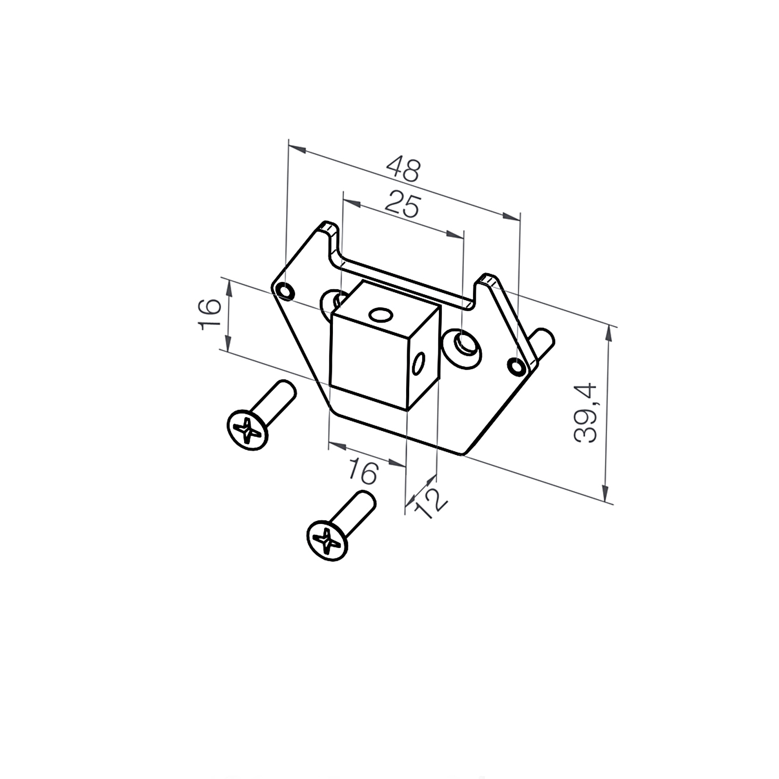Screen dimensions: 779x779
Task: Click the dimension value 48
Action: [x=404, y=169]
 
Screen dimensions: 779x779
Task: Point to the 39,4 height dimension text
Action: [x=585, y=413]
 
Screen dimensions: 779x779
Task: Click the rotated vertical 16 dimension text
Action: [x=209, y=314]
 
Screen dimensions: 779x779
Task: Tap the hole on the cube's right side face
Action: [x=419, y=365]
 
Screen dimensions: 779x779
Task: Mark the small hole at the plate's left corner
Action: [x=285, y=291]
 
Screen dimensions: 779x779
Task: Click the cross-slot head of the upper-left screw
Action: [x=248, y=429]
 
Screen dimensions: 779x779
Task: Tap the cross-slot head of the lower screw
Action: [x=327, y=541]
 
